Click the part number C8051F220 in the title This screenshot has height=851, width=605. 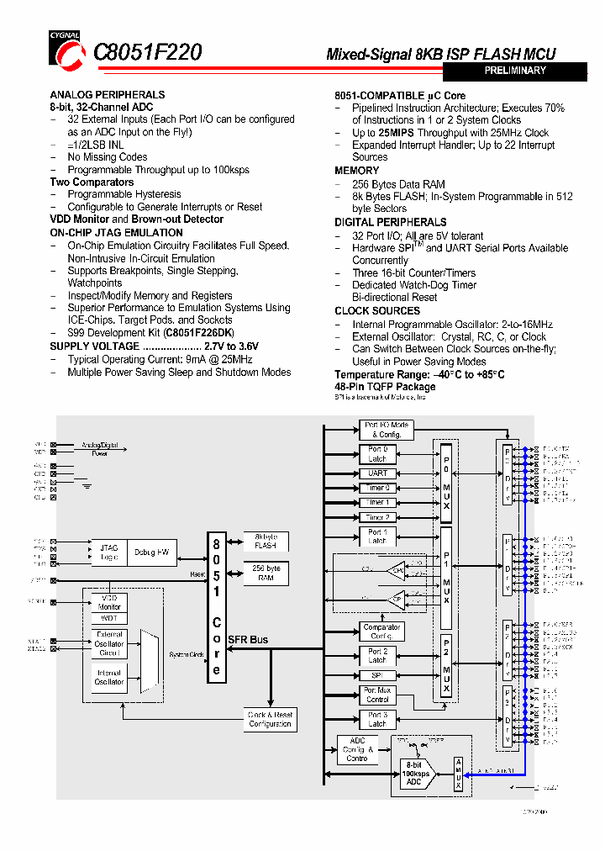click(147, 53)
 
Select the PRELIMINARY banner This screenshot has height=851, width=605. click(515, 71)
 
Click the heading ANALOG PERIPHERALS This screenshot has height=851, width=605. click(107, 95)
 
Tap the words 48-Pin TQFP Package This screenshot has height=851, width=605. click(385, 387)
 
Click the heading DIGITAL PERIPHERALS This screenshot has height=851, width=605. click(391, 222)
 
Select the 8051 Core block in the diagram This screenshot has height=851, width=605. click(217, 607)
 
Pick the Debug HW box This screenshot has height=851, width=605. click(151, 552)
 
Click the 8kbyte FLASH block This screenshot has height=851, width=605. click(265, 540)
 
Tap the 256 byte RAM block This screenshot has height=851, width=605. click(265, 573)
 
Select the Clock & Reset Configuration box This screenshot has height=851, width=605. click(270, 719)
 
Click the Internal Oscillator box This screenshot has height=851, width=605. click(109, 677)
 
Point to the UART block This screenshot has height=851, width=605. click(377, 473)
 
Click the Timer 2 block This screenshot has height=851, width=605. click(377, 517)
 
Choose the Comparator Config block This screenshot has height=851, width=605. click(382, 632)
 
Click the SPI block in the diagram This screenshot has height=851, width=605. click(377, 675)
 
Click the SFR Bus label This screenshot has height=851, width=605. click(247, 640)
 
